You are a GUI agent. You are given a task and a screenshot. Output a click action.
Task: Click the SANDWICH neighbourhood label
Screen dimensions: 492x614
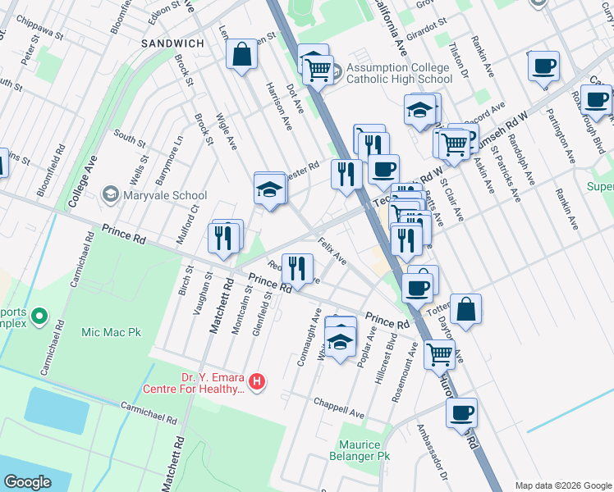(x=172, y=43)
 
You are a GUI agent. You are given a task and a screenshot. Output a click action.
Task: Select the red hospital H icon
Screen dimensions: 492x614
(x=258, y=381)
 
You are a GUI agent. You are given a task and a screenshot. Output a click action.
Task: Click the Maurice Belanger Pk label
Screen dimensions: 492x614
(x=359, y=449)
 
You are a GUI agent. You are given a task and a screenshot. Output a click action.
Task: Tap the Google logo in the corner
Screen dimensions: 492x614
(x=27, y=482)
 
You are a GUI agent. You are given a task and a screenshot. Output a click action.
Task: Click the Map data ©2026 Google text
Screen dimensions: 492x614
(x=562, y=485)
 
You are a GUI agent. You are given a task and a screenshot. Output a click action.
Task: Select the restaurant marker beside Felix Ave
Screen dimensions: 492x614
(x=297, y=266)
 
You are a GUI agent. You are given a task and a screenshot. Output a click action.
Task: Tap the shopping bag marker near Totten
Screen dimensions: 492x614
(x=465, y=309)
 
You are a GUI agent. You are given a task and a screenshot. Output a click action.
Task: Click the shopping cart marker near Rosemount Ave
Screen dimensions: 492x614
(x=440, y=354)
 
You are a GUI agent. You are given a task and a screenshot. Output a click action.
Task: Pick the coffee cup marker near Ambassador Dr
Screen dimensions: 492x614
(x=461, y=412)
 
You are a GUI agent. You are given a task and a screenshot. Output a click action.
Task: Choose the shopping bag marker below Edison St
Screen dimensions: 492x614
(x=242, y=55)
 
